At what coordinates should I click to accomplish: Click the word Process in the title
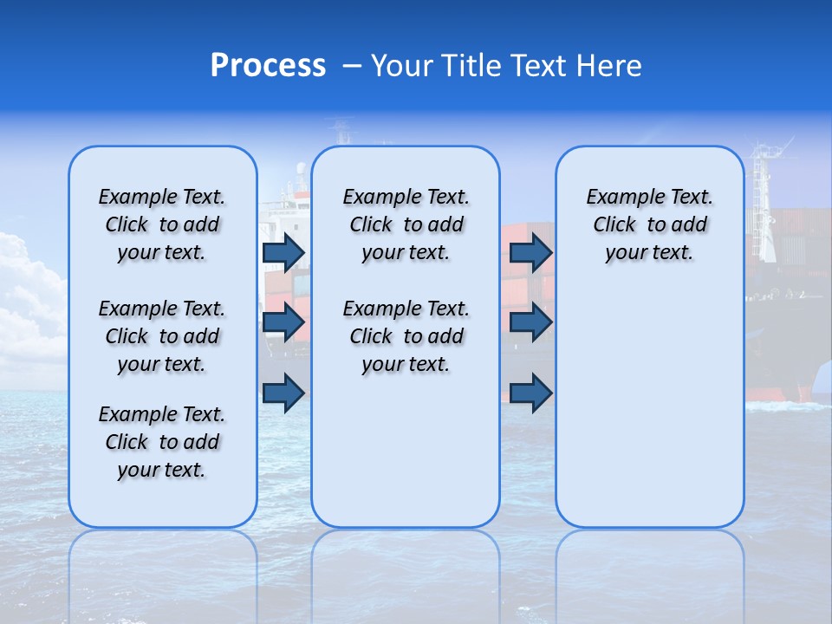(x=268, y=66)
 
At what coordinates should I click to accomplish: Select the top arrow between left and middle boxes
(x=283, y=253)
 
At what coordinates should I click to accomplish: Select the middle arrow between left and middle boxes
(x=283, y=323)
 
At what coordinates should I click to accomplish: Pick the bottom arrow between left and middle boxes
(x=283, y=393)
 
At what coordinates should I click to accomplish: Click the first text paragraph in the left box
(x=162, y=224)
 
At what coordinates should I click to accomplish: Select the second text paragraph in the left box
(x=162, y=336)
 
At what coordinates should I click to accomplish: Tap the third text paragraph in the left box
(x=162, y=442)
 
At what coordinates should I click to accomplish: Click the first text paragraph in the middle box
(x=406, y=224)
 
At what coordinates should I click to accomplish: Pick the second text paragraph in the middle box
(x=406, y=336)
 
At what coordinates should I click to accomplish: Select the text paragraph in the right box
(x=649, y=224)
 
